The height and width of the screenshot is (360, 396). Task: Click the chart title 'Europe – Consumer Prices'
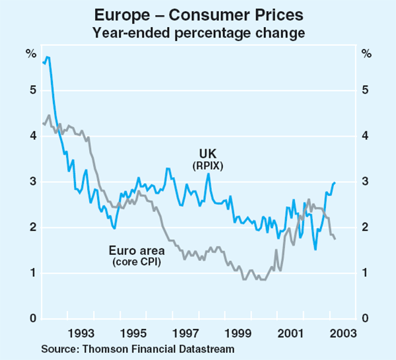[197, 15]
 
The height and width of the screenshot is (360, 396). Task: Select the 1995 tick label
[134, 334]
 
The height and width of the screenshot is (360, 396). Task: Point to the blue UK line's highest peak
[48, 57]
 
